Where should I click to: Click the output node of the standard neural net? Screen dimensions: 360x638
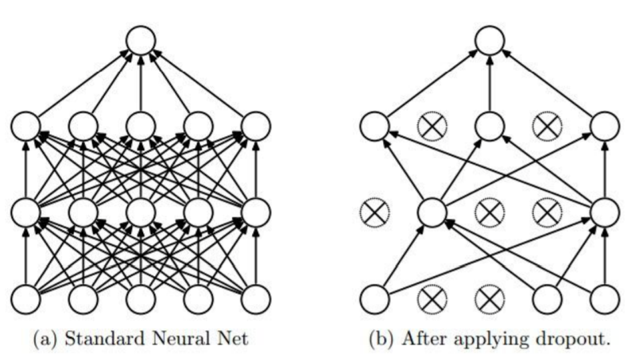point(141,42)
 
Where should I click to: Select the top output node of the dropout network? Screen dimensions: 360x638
point(490,42)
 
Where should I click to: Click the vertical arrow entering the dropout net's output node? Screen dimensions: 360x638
point(490,83)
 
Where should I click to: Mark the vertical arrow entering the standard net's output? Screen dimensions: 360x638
point(141,83)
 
